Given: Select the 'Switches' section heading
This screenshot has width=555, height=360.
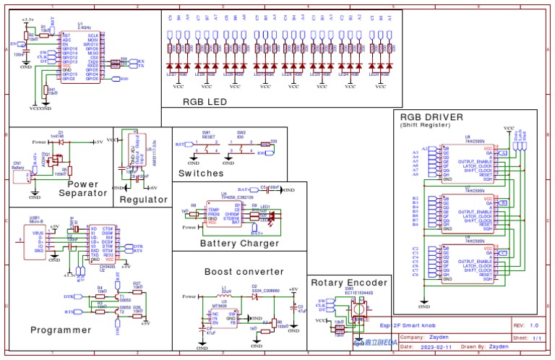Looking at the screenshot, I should (x=201, y=173).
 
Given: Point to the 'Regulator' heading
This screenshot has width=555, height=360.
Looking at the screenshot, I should (x=143, y=200).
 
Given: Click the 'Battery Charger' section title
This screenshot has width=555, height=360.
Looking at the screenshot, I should (x=240, y=244).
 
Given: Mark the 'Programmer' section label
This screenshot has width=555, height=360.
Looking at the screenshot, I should (x=61, y=330).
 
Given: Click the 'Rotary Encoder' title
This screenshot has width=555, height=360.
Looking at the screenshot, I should (x=349, y=283).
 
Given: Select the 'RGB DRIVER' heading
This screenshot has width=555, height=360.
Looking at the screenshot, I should (x=431, y=116).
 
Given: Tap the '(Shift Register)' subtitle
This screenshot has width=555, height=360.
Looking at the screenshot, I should (x=421, y=125).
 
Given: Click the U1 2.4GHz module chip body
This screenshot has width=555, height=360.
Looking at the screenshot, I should (x=80, y=56).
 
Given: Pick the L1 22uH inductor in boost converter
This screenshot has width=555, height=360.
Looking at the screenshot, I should (x=225, y=296).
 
